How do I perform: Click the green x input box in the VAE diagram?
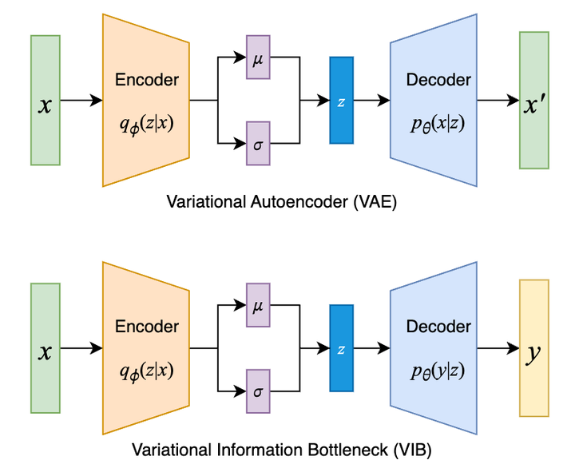[x=46, y=100]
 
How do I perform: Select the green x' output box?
[x=533, y=100]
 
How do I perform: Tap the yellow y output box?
[x=533, y=347]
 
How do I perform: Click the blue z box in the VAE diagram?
[x=341, y=100]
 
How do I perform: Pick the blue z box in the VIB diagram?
[x=341, y=347]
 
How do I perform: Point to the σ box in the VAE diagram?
[x=258, y=143]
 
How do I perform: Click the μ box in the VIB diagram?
[x=258, y=304]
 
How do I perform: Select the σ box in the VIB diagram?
[x=258, y=391]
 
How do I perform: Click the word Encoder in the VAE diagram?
[x=147, y=80]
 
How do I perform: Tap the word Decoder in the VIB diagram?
[x=438, y=327]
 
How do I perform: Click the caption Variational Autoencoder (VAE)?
[x=281, y=202]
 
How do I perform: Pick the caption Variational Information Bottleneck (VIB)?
[x=281, y=450]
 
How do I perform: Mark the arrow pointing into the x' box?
[x=498, y=100]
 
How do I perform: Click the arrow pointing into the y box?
[x=498, y=347]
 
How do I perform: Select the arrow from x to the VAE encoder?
[x=81, y=100]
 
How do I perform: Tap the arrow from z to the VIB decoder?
[x=371, y=347]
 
